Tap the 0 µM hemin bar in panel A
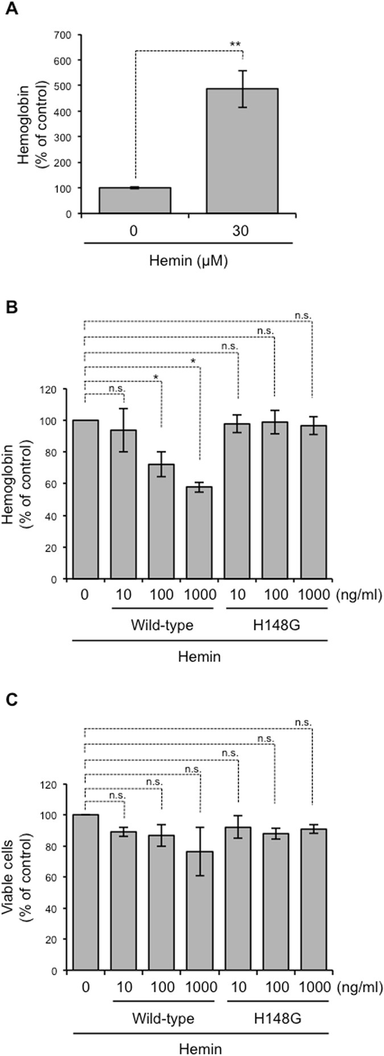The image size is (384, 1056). pyautogui.click(x=135, y=200)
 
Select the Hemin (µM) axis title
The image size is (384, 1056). pyautogui.click(x=188, y=262)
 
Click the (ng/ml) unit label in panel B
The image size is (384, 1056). pyautogui.click(x=358, y=595)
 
